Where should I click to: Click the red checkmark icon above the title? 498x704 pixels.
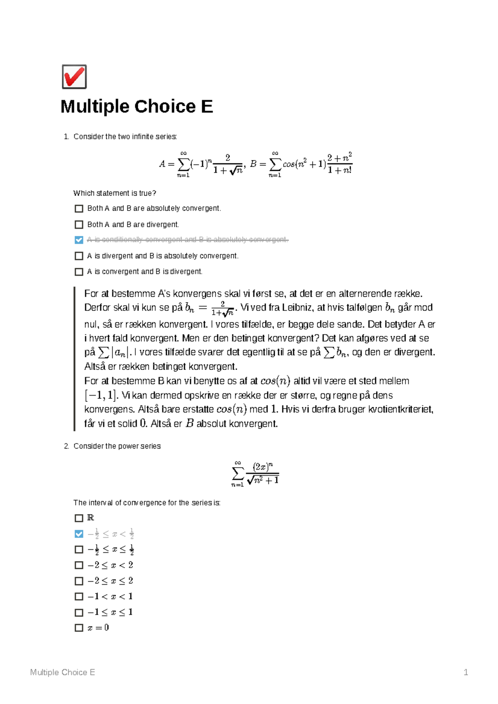74,77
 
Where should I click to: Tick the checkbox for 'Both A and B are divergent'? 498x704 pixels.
79,225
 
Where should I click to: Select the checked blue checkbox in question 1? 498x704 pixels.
79,240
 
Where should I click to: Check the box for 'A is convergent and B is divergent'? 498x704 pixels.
79,272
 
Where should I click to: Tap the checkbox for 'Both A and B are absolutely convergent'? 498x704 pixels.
79,209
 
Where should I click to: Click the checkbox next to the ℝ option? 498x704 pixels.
79,518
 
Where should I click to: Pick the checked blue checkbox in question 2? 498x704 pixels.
79,534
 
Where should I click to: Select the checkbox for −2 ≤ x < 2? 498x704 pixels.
79,565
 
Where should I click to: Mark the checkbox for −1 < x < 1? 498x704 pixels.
79,597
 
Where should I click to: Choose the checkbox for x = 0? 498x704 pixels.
79,628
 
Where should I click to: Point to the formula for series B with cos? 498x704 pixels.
301,164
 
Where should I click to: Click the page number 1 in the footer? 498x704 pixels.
466,672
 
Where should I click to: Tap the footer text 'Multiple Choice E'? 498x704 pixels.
63,672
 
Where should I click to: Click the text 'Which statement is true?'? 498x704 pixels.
115,193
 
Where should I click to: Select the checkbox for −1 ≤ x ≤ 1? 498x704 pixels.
79,612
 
